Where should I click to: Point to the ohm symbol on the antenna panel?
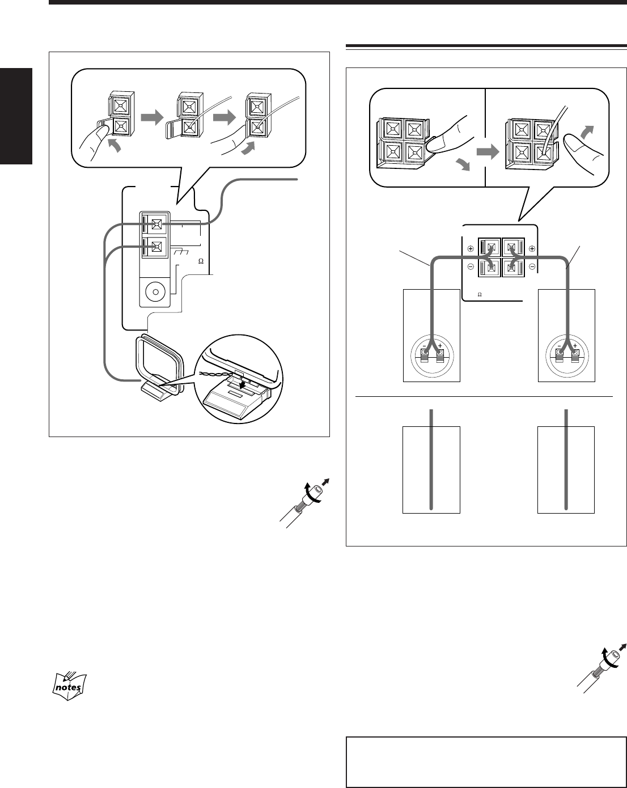coord(200,261)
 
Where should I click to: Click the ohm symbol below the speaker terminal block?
coord(479,295)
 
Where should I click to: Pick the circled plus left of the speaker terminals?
coord(471,249)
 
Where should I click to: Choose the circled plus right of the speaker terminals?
coord(532,249)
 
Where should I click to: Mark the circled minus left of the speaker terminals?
coord(471,265)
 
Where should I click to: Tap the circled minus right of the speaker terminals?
coord(532,265)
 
